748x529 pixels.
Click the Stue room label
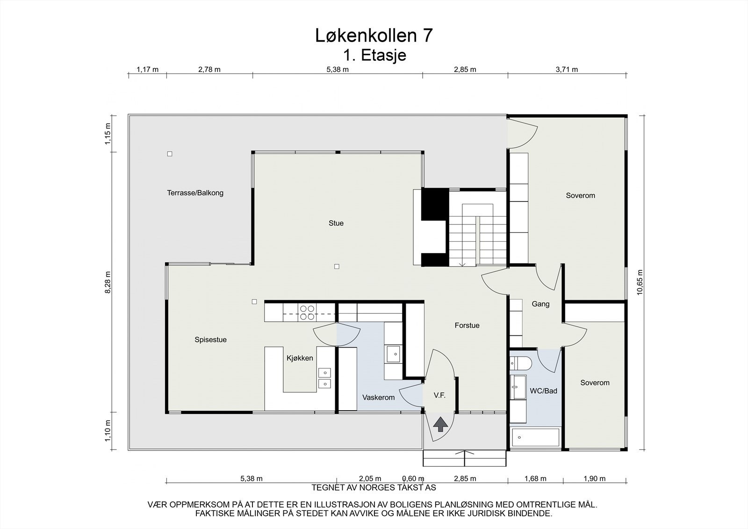point(336,223)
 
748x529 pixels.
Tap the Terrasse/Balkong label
point(195,193)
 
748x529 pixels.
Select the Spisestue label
point(210,340)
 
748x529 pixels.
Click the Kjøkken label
point(300,358)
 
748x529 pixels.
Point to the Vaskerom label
point(378,398)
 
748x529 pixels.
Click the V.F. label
point(439,395)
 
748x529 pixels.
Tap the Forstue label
point(467,326)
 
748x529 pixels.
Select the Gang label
point(540,304)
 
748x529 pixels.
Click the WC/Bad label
point(543,391)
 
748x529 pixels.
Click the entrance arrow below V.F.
point(439,425)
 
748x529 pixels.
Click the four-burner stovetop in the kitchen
point(307,312)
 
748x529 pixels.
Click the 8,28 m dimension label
point(108,282)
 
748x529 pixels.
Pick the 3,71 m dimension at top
point(567,70)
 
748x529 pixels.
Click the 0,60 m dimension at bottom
point(413,478)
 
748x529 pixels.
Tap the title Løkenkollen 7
point(374,36)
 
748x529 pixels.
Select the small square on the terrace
point(170,153)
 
